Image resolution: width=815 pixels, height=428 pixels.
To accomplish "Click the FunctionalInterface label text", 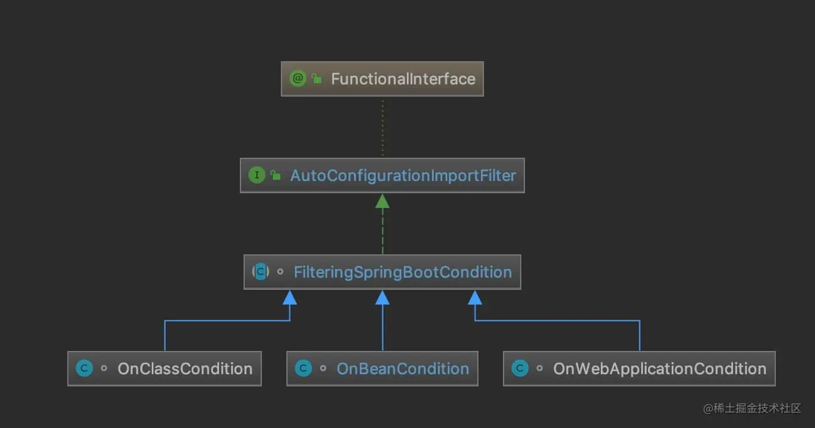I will click(403, 79).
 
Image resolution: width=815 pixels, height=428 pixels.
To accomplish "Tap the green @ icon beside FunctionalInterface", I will click(298, 79).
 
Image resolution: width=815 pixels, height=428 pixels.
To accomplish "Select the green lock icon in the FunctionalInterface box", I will click(316, 79).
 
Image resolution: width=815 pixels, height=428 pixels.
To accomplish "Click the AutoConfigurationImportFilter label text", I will click(403, 175).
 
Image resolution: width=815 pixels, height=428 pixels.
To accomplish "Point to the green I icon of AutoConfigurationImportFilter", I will click(256, 175).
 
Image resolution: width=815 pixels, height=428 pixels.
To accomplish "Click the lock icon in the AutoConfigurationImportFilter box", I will click(275, 176).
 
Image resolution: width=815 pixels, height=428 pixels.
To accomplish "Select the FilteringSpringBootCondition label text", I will click(403, 272).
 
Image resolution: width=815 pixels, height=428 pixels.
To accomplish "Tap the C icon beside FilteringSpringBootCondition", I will click(261, 272).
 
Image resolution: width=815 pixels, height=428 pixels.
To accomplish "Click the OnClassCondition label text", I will click(185, 369).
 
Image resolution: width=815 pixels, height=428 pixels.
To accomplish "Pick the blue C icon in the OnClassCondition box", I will click(84, 369).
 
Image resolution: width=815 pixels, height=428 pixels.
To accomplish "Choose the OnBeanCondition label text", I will click(403, 369).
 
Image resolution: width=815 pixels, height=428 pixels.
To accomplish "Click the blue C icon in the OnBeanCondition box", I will click(303, 369).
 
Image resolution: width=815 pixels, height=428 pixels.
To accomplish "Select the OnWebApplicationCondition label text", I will click(660, 369).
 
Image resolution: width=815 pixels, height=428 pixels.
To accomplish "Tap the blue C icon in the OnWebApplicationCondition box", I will click(520, 369).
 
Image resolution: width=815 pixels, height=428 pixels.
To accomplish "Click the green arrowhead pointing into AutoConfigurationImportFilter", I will click(382, 201).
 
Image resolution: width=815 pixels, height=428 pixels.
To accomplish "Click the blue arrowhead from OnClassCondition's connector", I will click(289, 298).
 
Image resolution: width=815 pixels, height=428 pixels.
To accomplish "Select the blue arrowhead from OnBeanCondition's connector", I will click(382, 298).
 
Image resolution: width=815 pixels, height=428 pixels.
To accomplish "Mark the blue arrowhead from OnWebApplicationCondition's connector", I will click(475, 298).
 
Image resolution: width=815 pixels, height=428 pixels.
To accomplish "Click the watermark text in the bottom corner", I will click(752, 408).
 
